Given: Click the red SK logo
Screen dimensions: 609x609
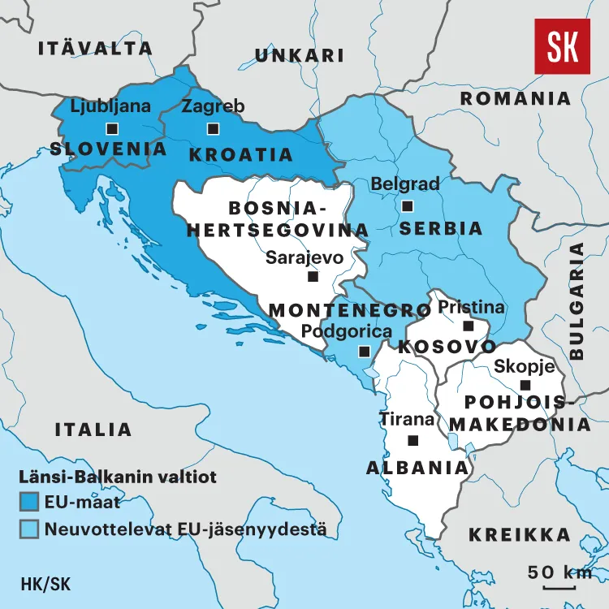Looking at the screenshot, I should click(562, 47).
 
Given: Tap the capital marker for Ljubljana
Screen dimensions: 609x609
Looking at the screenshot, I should click(111, 128).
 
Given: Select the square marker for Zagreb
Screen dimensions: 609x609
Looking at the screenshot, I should click(213, 128).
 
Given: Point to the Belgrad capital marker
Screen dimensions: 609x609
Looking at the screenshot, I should click(407, 205).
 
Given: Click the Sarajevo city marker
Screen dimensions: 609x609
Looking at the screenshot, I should click(313, 276).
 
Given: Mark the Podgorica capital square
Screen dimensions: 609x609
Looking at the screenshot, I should click(364, 351).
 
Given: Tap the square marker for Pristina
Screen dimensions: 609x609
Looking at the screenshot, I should click(468, 326).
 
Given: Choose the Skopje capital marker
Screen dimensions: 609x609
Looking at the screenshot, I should click(525, 385).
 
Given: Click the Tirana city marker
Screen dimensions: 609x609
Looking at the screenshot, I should click(412, 440).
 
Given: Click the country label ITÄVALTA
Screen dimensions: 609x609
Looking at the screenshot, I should click(95, 48).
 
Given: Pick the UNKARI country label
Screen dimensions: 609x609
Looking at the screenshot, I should click(300, 55).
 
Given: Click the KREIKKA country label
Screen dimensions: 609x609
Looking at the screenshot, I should click(520, 534).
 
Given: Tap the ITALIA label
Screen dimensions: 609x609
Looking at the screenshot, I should click(93, 430).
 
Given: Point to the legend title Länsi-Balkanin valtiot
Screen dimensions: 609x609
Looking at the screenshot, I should click(118, 477).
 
